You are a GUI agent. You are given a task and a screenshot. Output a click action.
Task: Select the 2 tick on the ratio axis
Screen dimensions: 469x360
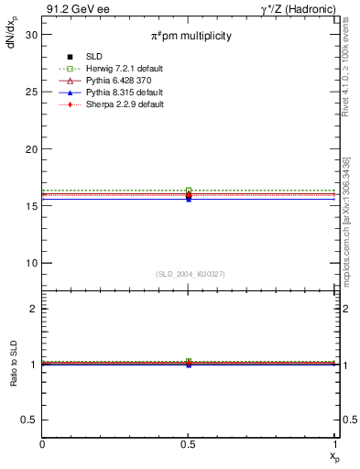[x=34, y=309]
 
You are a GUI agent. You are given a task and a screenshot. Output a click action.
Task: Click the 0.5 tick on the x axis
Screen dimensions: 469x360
[x=189, y=443]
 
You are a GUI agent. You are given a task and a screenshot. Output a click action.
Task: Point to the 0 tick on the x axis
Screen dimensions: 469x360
[x=43, y=443]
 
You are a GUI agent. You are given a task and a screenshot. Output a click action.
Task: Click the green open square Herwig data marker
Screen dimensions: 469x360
[x=189, y=191]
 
